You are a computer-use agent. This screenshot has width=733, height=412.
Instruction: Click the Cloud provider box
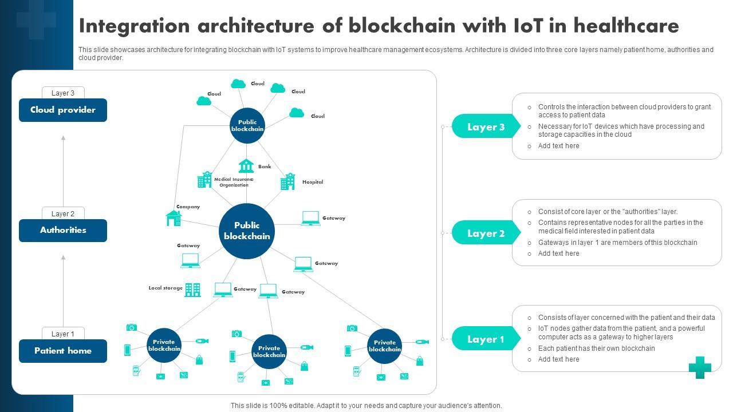point(63,110)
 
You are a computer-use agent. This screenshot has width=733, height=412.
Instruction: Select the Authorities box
point(63,230)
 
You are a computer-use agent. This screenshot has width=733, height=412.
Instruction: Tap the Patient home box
point(63,351)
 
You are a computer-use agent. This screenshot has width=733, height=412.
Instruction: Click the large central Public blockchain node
point(247,231)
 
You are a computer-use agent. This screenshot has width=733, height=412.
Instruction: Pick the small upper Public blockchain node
point(247,125)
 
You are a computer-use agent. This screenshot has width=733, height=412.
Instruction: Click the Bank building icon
point(246,166)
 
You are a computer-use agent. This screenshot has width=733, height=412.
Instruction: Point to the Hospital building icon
point(287,181)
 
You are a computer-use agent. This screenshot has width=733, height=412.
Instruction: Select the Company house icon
point(174,218)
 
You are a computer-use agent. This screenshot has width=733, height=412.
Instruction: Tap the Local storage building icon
point(192,290)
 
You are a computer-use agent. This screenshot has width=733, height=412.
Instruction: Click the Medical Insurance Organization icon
point(204,180)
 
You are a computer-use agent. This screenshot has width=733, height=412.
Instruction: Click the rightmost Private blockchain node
point(385,346)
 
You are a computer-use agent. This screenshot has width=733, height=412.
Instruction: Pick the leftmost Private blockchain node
point(164,345)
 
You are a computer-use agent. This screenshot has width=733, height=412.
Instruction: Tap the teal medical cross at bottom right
point(700,367)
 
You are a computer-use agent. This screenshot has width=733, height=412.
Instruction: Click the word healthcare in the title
point(626,26)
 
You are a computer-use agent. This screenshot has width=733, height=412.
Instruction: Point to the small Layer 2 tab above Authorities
point(63,213)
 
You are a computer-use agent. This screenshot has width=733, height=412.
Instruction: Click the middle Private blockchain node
point(269,351)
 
